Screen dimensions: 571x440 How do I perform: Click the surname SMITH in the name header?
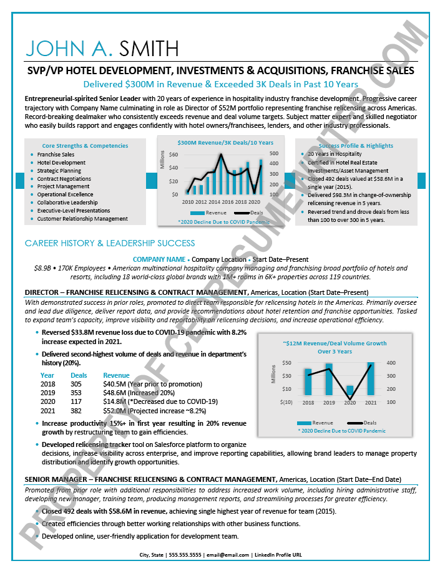(143, 48)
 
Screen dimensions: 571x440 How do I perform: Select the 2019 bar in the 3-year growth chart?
(329, 378)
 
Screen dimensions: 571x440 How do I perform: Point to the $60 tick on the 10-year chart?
(174, 154)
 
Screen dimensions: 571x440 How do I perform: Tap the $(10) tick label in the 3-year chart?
(286, 402)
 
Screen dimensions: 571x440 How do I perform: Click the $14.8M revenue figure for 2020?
(114, 401)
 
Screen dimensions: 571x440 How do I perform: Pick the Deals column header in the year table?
(79, 375)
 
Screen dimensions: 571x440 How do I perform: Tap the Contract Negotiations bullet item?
(64, 178)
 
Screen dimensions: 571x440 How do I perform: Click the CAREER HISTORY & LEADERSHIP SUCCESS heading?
(110, 243)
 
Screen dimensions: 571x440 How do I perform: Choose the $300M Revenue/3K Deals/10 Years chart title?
(216, 142)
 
